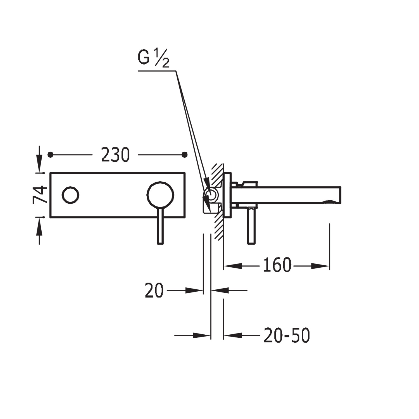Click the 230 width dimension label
(115, 155)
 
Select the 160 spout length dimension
(277, 265)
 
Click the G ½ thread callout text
(153, 58)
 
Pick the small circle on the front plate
(70, 195)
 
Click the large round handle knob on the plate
(160, 195)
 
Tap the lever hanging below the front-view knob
(160, 227)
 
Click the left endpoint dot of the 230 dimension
(50, 155)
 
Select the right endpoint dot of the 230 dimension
(184, 154)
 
